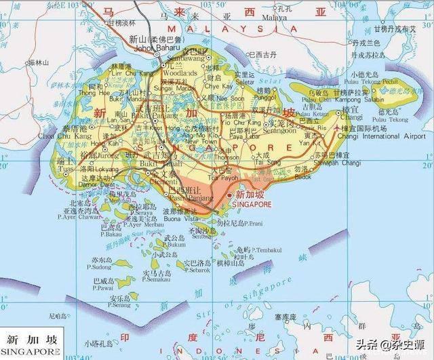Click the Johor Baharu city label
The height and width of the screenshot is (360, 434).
pos(149,47)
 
